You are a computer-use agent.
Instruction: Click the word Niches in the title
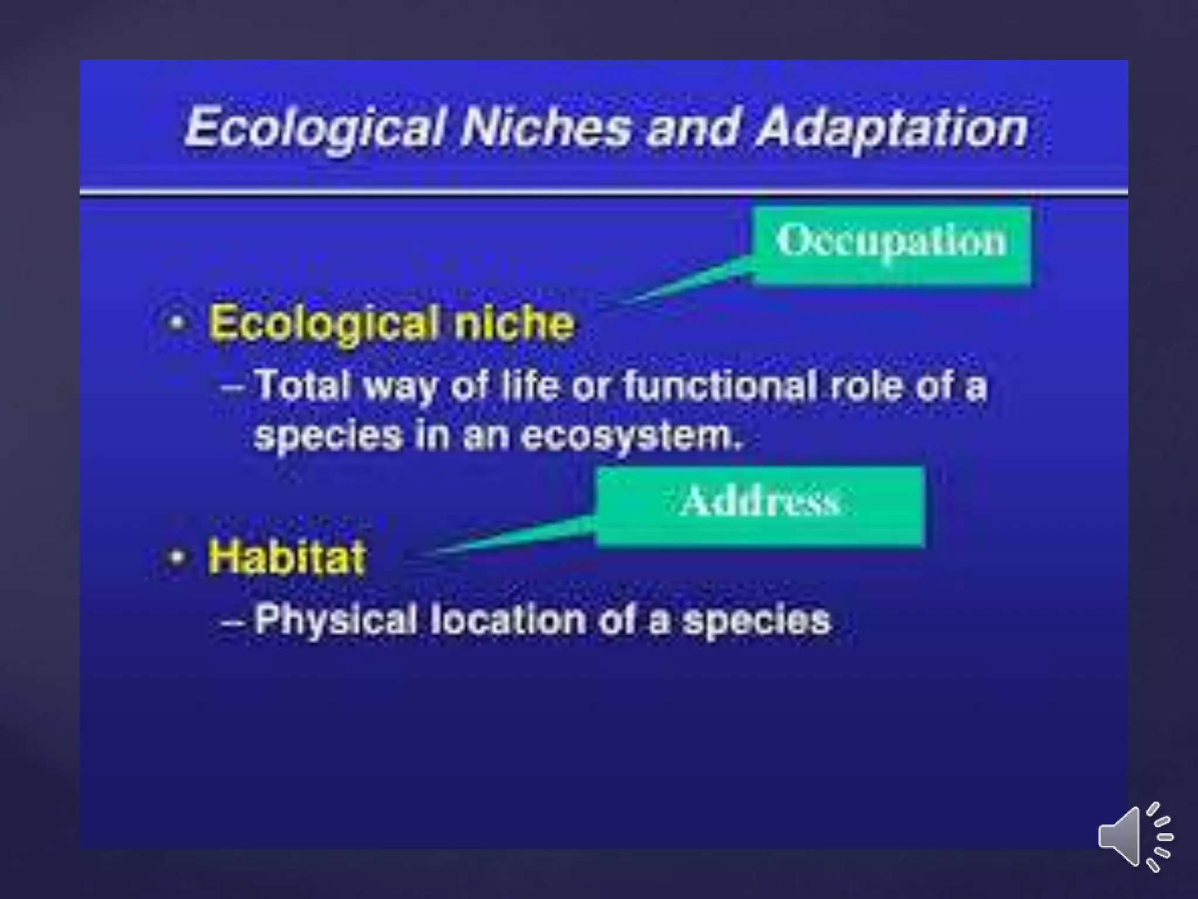[x=546, y=127]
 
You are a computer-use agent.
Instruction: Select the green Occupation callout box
[x=891, y=245]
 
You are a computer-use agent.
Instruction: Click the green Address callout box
[x=760, y=506]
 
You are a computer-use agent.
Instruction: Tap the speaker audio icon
[x=1135, y=836]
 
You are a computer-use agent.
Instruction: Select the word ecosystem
[x=632, y=436]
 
